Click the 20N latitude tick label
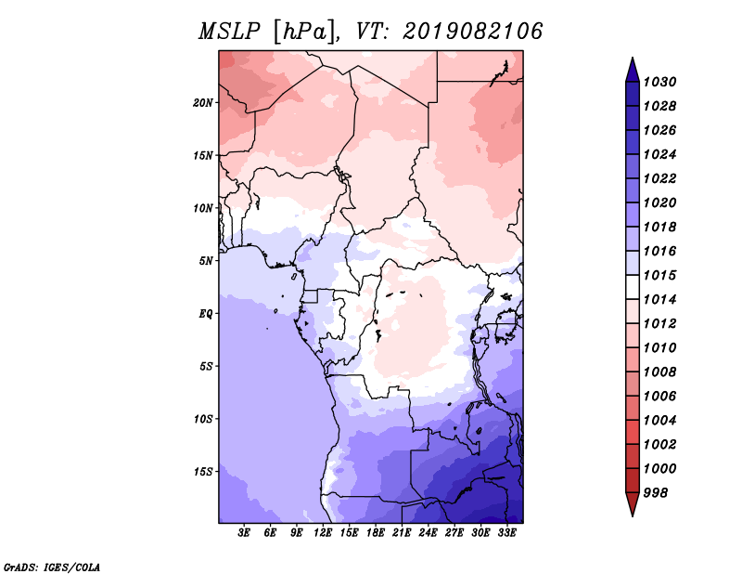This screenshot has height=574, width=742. pyautogui.click(x=203, y=103)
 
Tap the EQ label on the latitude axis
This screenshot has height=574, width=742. pyautogui.click(x=206, y=314)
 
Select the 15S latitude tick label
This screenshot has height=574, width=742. pyautogui.click(x=203, y=472)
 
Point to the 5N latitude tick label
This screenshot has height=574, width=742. pyautogui.click(x=206, y=261)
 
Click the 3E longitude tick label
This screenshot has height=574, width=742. pyautogui.click(x=244, y=533)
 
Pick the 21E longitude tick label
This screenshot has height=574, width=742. pyautogui.click(x=402, y=533)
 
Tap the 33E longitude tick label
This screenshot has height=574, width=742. pyautogui.click(x=506, y=533)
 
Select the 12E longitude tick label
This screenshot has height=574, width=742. pyautogui.click(x=322, y=533)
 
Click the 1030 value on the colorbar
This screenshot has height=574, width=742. pyautogui.click(x=659, y=82)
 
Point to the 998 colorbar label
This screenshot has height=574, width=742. pyautogui.click(x=656, y=493)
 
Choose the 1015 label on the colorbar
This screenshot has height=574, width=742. pyautogui.click(x=659, y=275)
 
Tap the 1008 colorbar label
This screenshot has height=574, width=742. pyautogui.click(x=659, y=372)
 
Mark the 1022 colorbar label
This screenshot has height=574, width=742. pyautogui.click(x=659, y=178)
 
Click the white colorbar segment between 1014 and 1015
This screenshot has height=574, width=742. pyautogui.click(x=633, y=287)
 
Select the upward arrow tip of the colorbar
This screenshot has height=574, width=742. pyautogui.click(x=633, y=58)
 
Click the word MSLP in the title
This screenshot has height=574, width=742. pyautogui.click(x=229, y=32)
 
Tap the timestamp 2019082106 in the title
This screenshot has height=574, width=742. pyautogui.click(x=472, y=32)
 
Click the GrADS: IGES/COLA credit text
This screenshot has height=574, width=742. pyautogui.click(x=52, y=567)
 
